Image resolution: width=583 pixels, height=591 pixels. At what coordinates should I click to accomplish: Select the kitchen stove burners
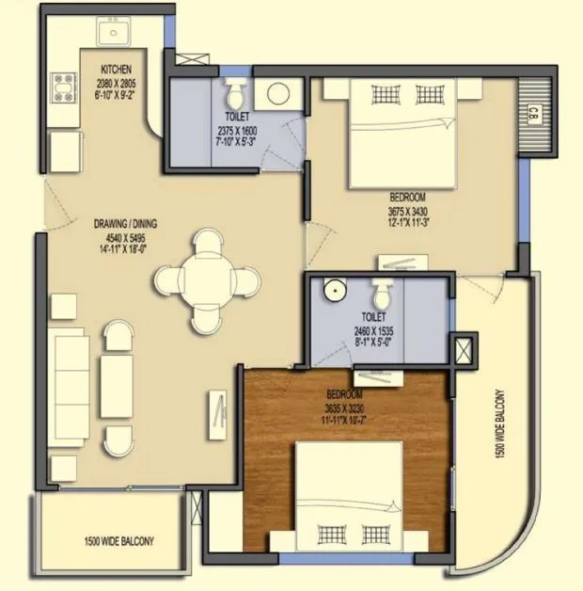coord(63,86)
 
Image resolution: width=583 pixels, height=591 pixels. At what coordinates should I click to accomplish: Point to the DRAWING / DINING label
coord(125,224)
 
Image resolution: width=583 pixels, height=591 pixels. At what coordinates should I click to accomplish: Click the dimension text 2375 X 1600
coord(235,130)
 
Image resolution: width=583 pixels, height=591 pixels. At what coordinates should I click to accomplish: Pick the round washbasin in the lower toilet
coord(332,291)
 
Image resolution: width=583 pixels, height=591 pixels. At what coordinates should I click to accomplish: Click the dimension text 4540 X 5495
coord(125,237)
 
